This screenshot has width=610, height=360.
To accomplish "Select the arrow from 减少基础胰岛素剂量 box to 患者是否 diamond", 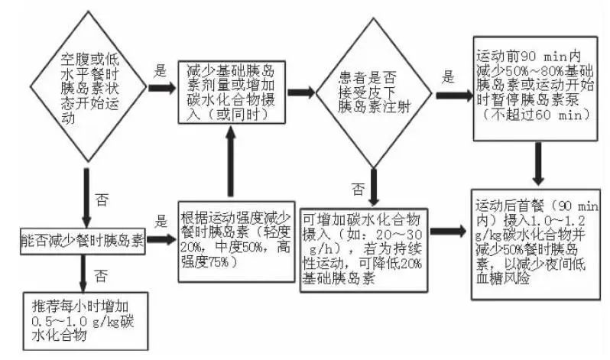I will coord(301,92).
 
